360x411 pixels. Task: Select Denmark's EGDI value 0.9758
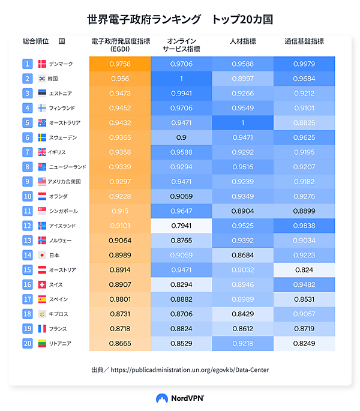click(120, 64)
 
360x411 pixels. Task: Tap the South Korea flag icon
click(42, 79)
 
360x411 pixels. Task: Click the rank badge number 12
click(27, 226)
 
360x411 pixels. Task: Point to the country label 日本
click(55, 255)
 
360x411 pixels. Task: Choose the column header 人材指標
click(243, 41)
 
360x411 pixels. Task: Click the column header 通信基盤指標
click(304, 41)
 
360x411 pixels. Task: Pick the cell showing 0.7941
click(181, 226)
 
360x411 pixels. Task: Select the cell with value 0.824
click(304, 270)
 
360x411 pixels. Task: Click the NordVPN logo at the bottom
click(180, 398)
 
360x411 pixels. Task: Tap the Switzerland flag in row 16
click(42, 284)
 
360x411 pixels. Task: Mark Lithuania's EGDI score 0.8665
click(120, 343)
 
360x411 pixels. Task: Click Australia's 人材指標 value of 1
click(243, 122)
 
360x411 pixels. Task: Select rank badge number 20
click(27, 343)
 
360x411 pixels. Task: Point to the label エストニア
click(61, 93)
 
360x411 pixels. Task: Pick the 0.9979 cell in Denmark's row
click(304, 64)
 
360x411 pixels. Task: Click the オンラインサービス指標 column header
click(181, 45)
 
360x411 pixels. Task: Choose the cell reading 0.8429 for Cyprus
click(243, 314)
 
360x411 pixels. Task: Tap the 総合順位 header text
click(35, 41)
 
